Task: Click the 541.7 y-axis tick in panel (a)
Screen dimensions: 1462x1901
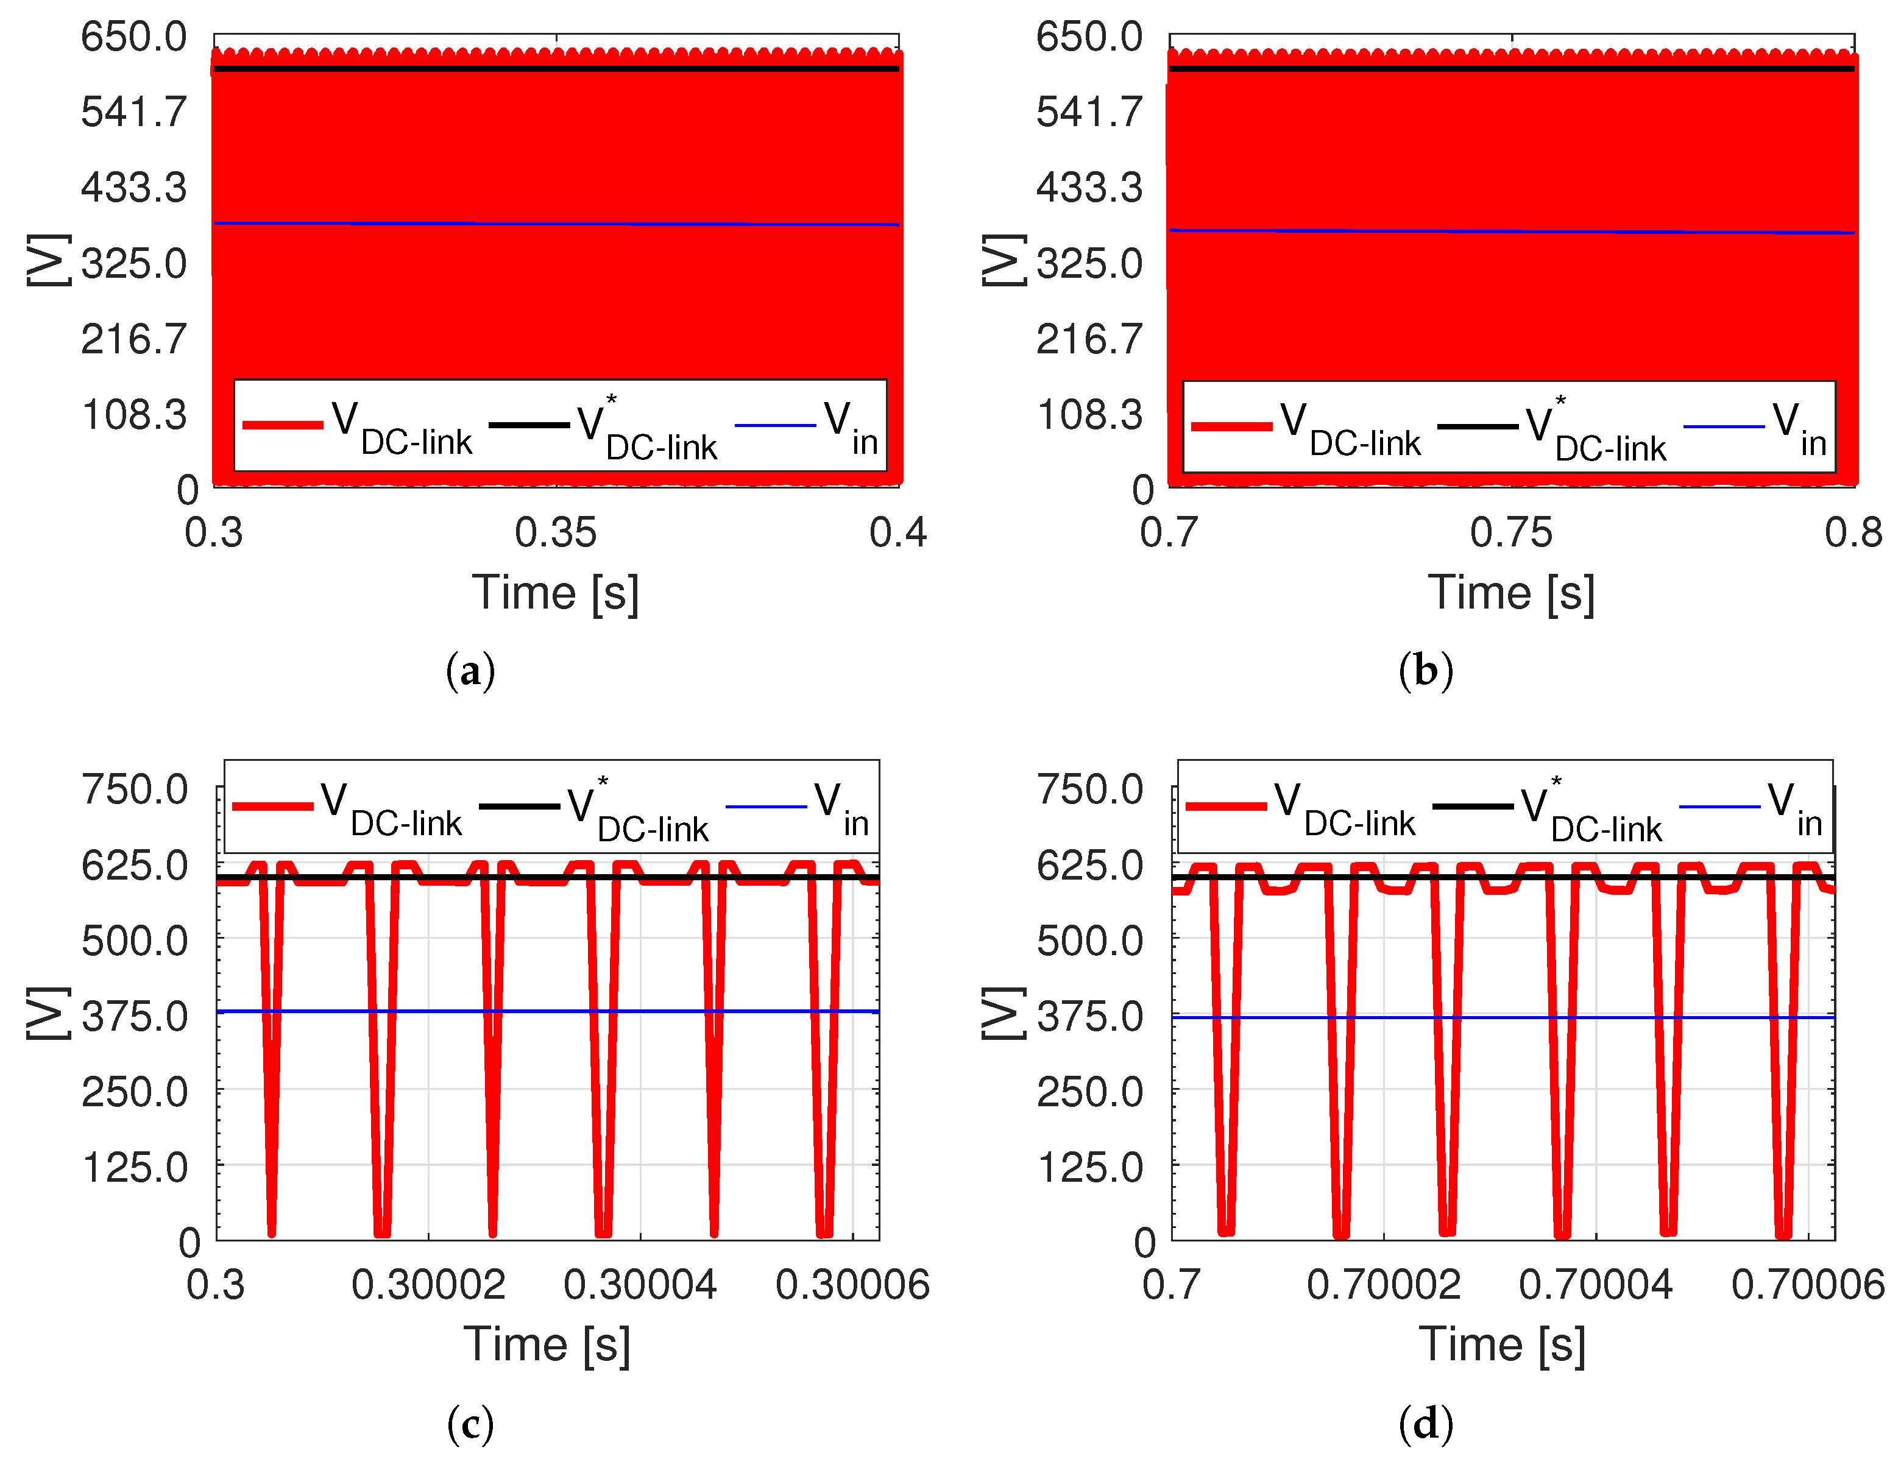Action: pos(133,112)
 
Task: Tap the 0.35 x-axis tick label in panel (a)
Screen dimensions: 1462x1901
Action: pos(555,532)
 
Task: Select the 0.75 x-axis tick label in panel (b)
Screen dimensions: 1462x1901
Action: pos(1511,532)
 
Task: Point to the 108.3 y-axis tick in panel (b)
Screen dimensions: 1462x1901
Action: pos(1088,414)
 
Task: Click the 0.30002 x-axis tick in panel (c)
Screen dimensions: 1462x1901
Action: pos(428,1285)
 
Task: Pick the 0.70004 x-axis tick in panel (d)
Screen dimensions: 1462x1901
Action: pos(1596,1285)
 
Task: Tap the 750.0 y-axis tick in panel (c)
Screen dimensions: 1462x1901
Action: pos(134,790)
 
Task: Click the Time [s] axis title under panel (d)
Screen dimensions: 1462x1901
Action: pos(1503,1346)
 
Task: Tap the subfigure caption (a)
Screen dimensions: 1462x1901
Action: pos(470,671)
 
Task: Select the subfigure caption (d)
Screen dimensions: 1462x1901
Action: pos(1426,1424)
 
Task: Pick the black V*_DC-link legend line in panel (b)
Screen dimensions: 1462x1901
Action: pos(1477,426)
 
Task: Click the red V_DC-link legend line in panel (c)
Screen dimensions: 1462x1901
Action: pos(272,807)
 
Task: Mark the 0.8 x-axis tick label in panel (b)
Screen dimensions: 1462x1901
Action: pos(1853,532)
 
